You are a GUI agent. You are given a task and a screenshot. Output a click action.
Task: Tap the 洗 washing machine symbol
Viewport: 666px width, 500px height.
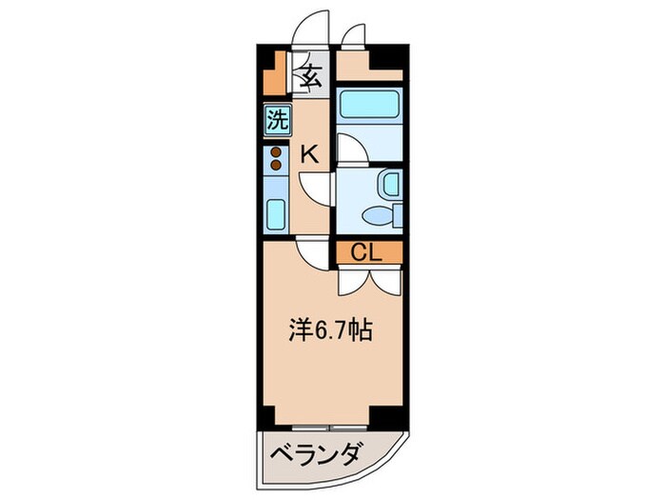(x=277, y=121)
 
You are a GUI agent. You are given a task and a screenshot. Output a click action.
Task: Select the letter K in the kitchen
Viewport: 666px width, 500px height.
(x=310, y=153)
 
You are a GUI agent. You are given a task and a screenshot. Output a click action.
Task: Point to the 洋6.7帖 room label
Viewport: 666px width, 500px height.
(x=329, y=331)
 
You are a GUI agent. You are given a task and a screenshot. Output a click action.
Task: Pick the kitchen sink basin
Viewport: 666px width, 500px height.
(x=277, y=214)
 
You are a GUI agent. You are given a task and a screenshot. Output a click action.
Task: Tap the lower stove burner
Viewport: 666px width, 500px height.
(x=277, y=165)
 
